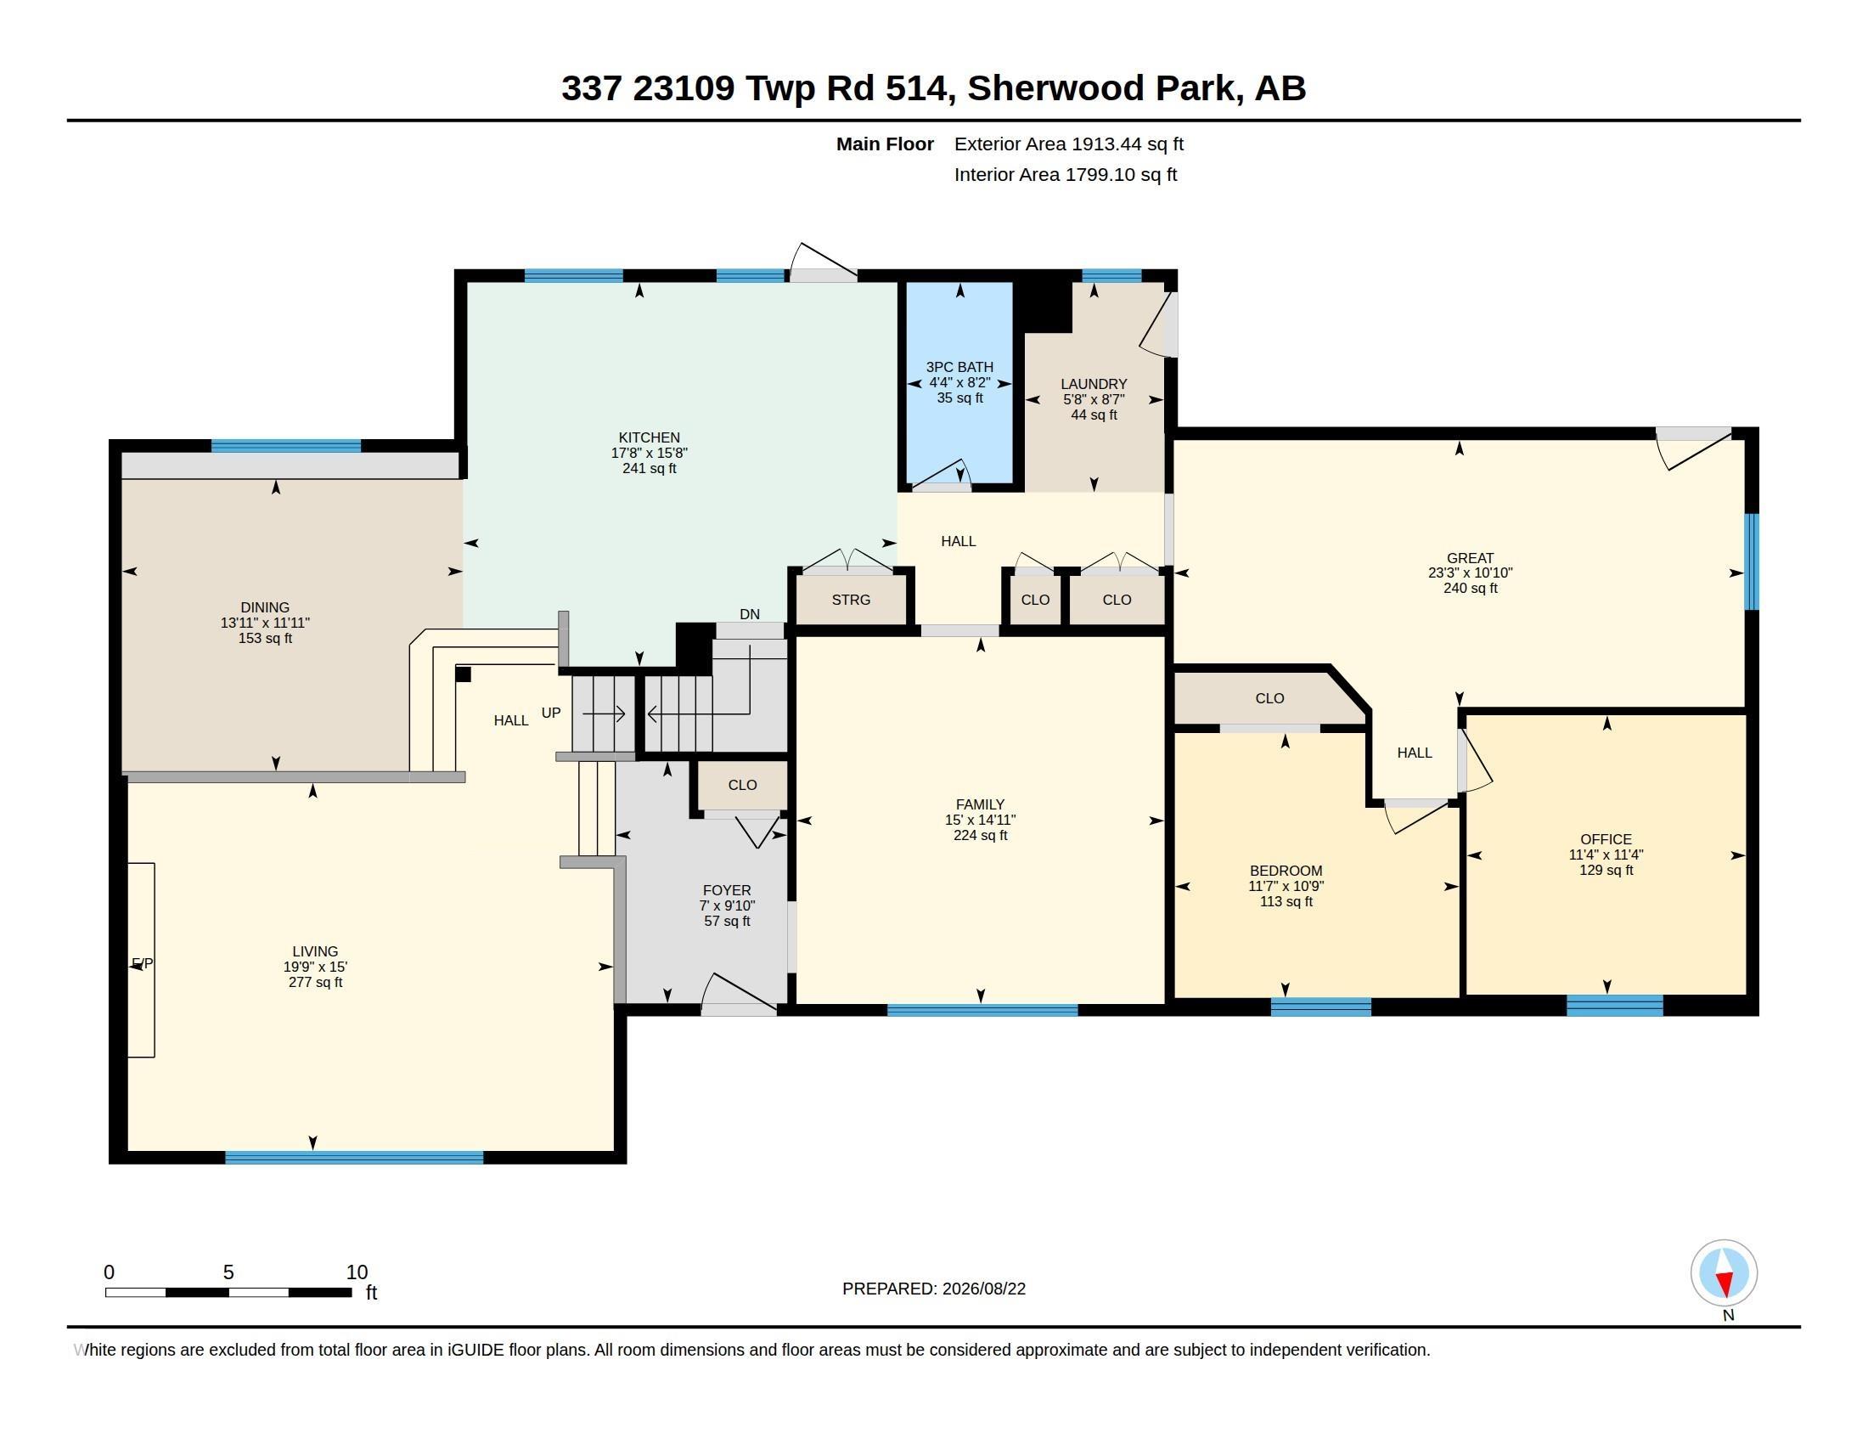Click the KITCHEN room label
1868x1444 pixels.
pos(650,437)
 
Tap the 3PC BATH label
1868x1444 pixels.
pos(959,367)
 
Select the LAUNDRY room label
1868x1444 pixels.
pos(1094,384)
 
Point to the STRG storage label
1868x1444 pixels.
pos(851,600)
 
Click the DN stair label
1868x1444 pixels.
pos(749,614)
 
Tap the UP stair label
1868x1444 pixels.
pos(551,713)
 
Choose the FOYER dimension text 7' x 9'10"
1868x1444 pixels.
pos(727,906)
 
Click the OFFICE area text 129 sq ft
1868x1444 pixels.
pos(1606,870)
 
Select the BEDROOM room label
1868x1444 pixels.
pos(1286,871)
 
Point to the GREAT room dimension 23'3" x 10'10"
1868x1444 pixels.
pos(1471,573)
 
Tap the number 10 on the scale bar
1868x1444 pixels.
pos(357,1272)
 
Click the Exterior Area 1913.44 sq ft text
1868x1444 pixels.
pos(1069,144)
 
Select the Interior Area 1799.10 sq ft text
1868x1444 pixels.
pos(1066,174)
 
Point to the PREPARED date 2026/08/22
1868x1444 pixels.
pos(983,1289)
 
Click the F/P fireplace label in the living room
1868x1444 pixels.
pos(143,964)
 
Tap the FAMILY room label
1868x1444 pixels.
pos(980,804)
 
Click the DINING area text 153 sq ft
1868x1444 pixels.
pos(265,638)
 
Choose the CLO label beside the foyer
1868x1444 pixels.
pos(742,786)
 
